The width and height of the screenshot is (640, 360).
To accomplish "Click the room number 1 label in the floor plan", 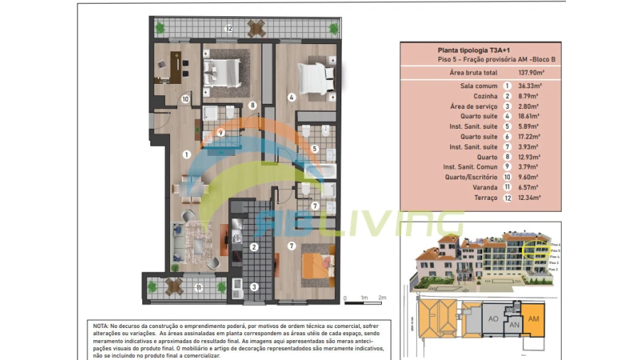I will click(186, 154).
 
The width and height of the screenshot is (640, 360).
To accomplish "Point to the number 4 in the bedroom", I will click(292, 97).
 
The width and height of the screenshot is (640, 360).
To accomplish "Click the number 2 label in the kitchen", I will click(253, 247).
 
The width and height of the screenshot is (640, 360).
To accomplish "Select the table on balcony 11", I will click(174, 287).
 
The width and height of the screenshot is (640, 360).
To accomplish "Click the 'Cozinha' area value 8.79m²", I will click(529, 95).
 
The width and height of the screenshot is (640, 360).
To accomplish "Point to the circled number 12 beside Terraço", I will click(507, 198).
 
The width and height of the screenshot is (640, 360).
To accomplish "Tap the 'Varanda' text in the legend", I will click(485, 187).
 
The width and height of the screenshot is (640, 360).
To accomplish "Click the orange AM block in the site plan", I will click(533, 319).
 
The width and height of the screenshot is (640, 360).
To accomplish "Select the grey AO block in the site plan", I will click(492, 319).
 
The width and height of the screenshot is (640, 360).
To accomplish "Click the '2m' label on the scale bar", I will click(382, 297).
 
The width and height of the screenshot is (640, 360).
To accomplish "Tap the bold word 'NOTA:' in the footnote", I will click(101, 325).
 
